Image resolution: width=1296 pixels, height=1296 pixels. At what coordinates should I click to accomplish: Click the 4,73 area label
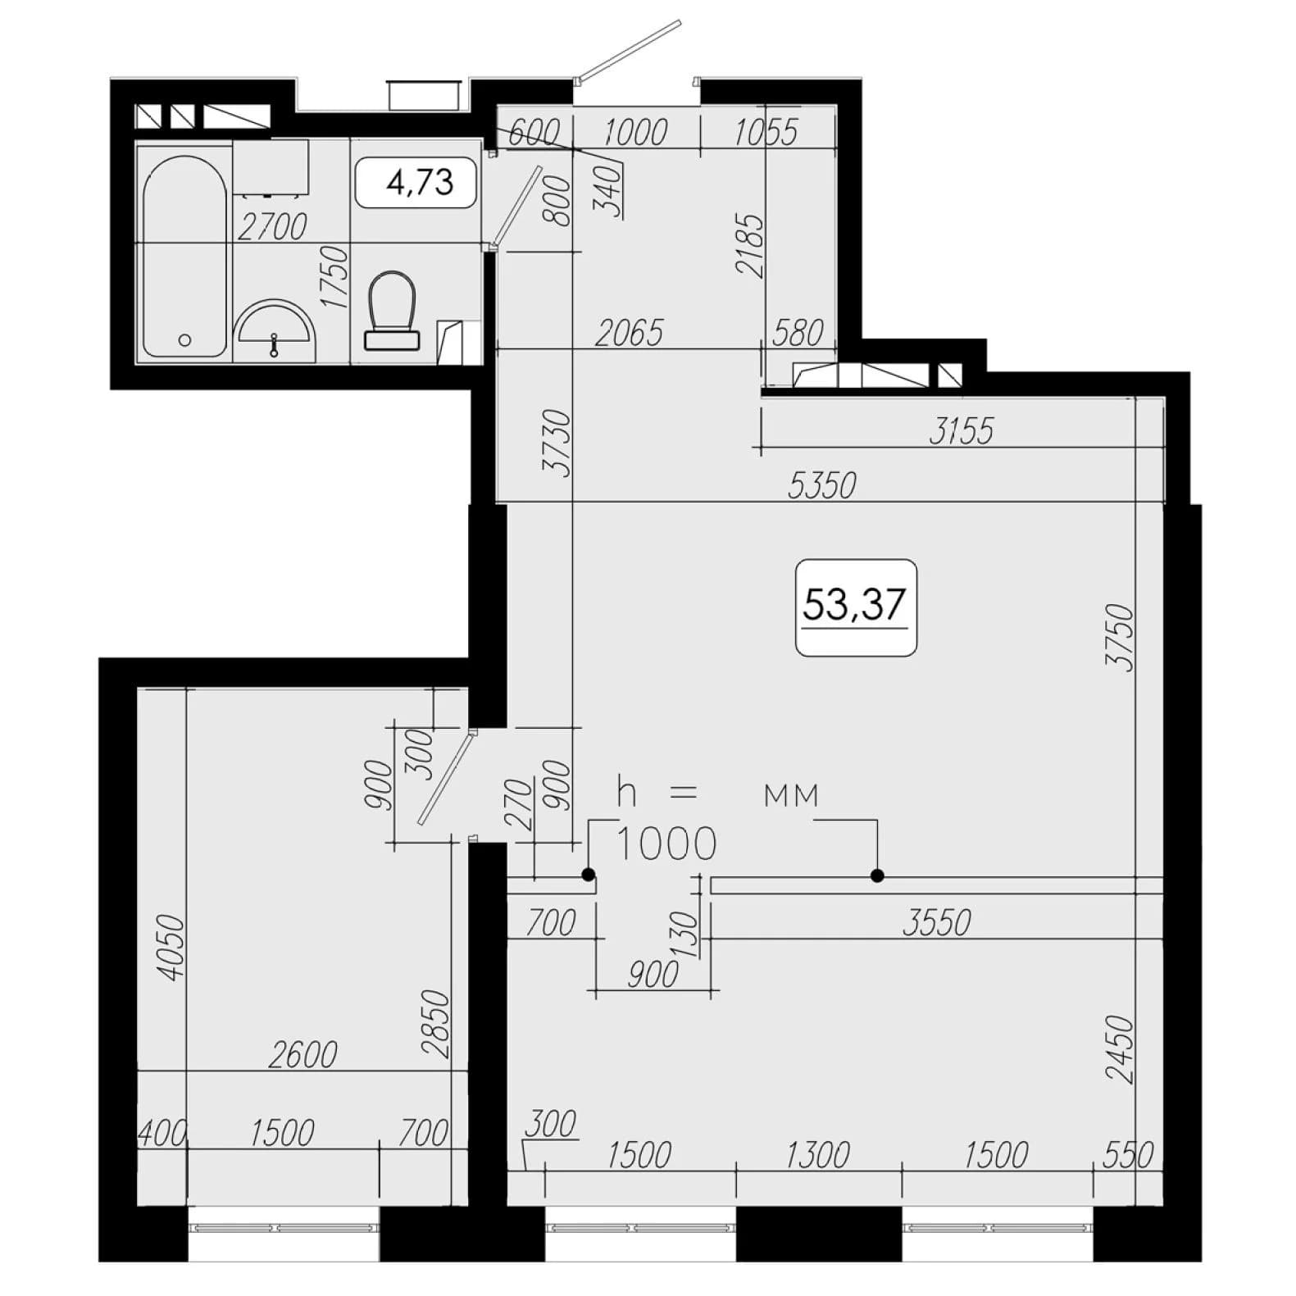[419, 181]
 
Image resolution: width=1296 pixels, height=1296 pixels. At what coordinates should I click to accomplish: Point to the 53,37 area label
[854, 605]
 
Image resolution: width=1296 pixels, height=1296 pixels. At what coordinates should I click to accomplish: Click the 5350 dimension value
[821, 484]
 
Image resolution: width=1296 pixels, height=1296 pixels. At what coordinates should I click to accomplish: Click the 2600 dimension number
[303, 1055]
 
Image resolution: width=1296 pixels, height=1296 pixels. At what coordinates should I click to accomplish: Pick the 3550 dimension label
[936, 923]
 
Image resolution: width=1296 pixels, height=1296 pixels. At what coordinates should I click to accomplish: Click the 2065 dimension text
[629, 334]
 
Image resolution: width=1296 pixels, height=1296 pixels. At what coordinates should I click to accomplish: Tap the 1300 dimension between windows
[817, 1156]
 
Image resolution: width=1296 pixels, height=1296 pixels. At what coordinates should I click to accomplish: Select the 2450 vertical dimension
[1119, 1050]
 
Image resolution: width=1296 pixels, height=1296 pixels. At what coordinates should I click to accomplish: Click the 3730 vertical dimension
[557, 443]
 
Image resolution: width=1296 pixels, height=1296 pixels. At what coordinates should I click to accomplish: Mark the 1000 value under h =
[666, 844]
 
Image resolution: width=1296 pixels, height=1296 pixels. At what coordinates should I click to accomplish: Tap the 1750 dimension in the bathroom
[335, 277]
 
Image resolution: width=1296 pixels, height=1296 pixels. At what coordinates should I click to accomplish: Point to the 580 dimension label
[798, 333]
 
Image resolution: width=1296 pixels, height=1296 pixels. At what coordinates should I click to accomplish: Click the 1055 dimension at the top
[765, 133]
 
